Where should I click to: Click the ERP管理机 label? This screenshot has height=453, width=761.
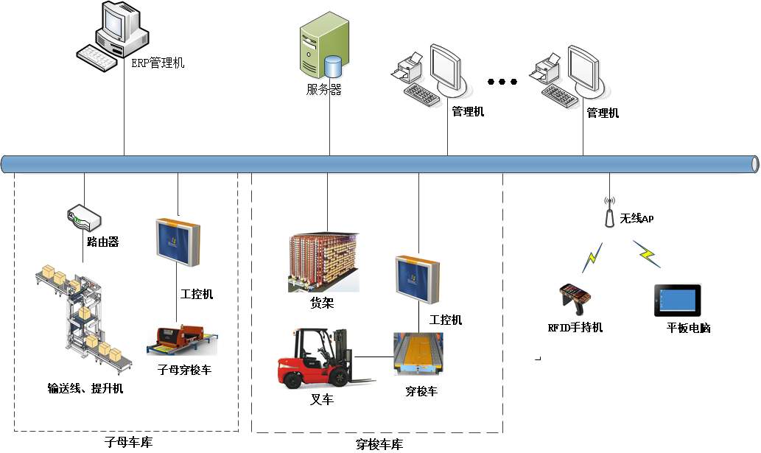[158, 63]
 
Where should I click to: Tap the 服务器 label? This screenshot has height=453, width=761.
[324, 90]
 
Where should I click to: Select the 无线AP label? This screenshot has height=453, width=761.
[636, 219]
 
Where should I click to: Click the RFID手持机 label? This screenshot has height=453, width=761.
[575, 327]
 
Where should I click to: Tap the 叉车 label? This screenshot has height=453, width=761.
[322, 400]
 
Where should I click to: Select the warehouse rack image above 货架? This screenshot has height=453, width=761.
[323, 261]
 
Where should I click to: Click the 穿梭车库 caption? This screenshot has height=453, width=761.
[379, 444]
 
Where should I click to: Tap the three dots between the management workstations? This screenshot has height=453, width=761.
[502, 81]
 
